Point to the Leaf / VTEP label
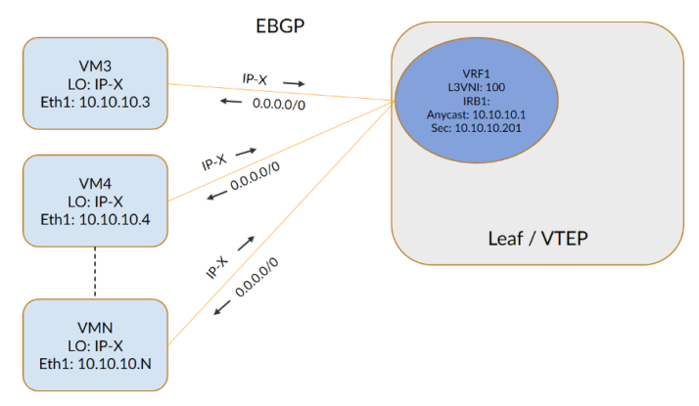pyautogui.click(x=536, y=238)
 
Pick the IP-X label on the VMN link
pyautogui.click(x=217, y=265)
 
